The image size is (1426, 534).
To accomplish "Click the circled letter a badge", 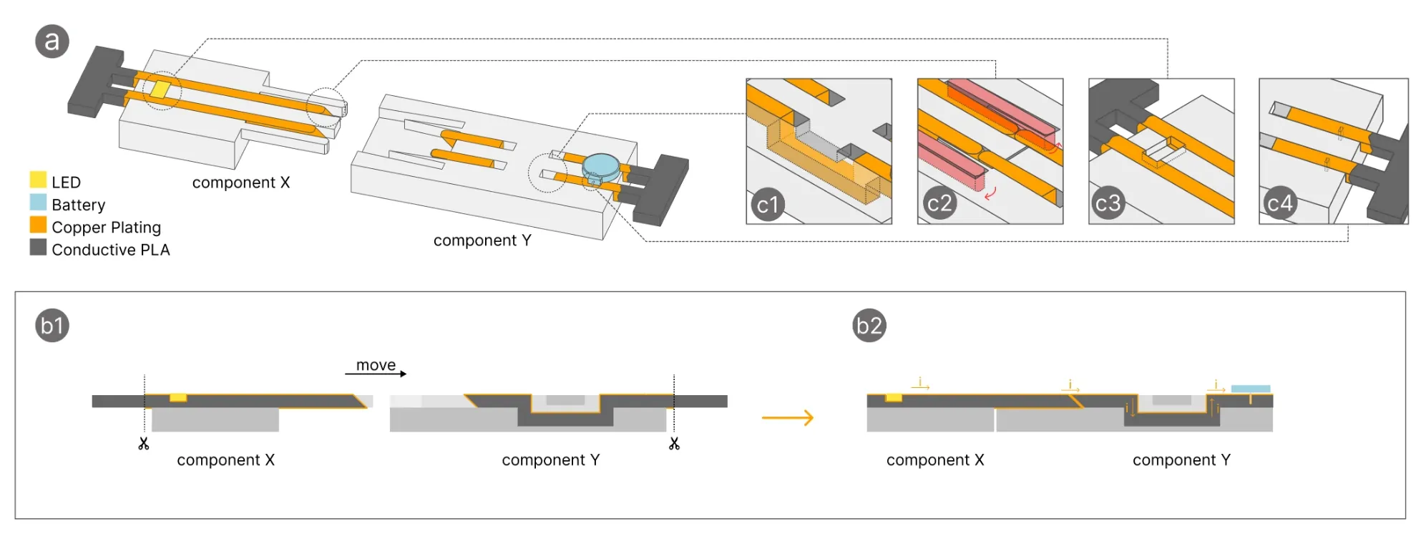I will [52, 42].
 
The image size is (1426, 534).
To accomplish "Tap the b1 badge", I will [52, 326].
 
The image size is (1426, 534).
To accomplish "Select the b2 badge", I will [869, 326].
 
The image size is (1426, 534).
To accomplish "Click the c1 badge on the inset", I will [768, 205].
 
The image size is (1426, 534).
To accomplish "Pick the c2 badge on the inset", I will [939, 204].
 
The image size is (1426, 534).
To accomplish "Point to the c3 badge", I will [1107, 204].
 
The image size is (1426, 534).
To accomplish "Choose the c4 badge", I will [1279, 204].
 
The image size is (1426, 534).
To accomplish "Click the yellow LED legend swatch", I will [38, 180].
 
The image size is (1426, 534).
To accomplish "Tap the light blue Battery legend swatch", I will [38, 203].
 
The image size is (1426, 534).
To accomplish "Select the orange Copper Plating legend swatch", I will [38, 225].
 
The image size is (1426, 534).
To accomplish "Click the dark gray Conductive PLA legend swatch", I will [38, 248].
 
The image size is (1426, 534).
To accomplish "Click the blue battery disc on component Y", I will [600, 166].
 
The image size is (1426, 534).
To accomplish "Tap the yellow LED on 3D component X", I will [160, 90].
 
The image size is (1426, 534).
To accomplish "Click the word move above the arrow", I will [376, 365].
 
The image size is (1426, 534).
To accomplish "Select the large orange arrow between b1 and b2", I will [788, 417].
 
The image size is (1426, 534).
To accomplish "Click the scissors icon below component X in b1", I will [144, 444].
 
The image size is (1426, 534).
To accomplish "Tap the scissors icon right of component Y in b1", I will [674, 444].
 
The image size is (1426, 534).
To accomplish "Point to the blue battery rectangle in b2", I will [1250, 389].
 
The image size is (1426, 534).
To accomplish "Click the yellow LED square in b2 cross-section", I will [894, 397].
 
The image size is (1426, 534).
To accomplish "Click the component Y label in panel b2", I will [1181, 460].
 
